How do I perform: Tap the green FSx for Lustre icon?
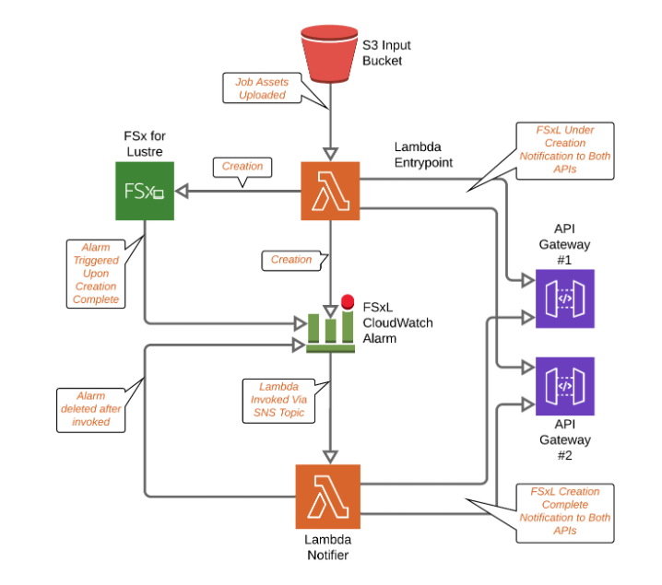(x=144, y=192)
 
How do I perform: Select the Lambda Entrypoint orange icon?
(x=330, y=191)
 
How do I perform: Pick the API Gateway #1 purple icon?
(x=565, y=298)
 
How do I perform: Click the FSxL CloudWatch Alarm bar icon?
(x=331, y=327)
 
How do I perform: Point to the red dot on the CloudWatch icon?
(x=348, y=301)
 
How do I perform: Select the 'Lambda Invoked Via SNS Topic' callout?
(x=274, y=399)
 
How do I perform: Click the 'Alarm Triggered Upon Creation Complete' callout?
(x=95, y=274)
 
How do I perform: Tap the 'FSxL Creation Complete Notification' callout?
(x=558, y=510)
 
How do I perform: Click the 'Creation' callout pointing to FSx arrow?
(x=242, y=167)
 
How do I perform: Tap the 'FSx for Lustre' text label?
(x=144, y=143)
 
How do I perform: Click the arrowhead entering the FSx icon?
(x=183, y=192)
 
